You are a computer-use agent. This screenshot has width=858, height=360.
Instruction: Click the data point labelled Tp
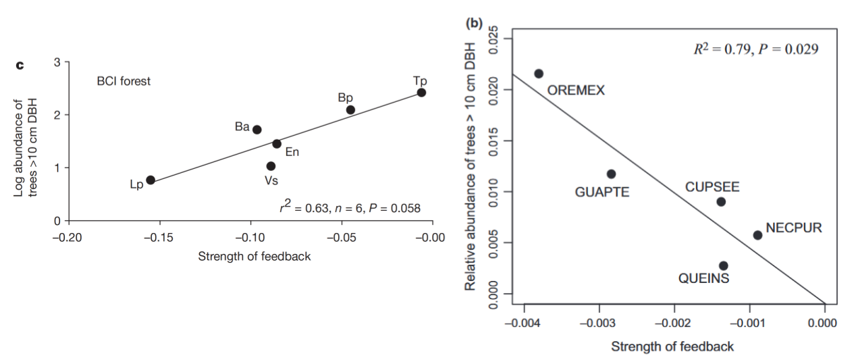coord(421,92)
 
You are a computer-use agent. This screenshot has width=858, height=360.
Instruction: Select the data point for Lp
coord(151,180)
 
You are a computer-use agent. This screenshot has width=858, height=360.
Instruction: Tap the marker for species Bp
coord(350,109)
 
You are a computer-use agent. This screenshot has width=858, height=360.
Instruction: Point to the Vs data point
coord(271,166)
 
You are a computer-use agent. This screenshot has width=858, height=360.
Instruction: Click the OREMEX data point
coord(539,74)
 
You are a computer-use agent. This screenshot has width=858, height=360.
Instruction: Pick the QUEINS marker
coord(723,265)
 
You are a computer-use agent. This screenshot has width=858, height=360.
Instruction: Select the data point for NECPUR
coord(757,235)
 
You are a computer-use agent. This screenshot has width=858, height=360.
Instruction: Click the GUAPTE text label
coord(602,192)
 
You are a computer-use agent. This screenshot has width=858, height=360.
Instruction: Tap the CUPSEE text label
coord(712,186)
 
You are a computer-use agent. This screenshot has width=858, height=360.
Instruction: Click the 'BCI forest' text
coord(124,82)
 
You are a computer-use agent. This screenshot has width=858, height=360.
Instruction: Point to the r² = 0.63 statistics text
coord(350,207)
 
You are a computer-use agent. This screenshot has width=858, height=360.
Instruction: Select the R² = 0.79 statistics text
coord(747,49)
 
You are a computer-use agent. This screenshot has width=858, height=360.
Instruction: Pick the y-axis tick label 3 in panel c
coord(57,63)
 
